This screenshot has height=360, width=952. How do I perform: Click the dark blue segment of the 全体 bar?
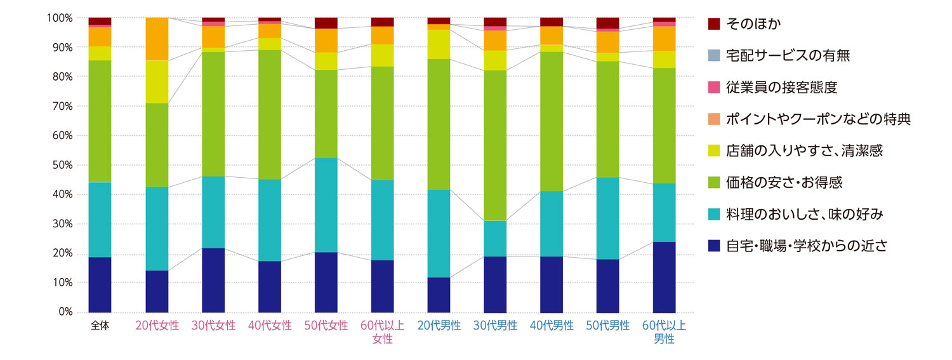point(100,284)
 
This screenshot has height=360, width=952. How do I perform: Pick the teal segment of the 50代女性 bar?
point(326,205)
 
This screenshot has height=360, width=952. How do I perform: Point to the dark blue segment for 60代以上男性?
point(664,277)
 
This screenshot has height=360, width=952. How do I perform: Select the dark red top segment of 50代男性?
point(607,23)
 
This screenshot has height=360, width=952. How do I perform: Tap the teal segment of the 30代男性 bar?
point(495,239)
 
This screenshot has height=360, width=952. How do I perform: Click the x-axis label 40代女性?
point(270,326)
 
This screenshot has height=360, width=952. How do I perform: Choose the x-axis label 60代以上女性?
point(382,332)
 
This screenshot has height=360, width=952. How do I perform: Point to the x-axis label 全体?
point(100,326)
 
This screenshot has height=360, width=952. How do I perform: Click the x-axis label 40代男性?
point(552,326)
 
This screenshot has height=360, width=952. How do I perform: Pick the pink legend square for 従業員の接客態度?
point(714,88)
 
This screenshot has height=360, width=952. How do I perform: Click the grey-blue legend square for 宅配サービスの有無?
point(714,56)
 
